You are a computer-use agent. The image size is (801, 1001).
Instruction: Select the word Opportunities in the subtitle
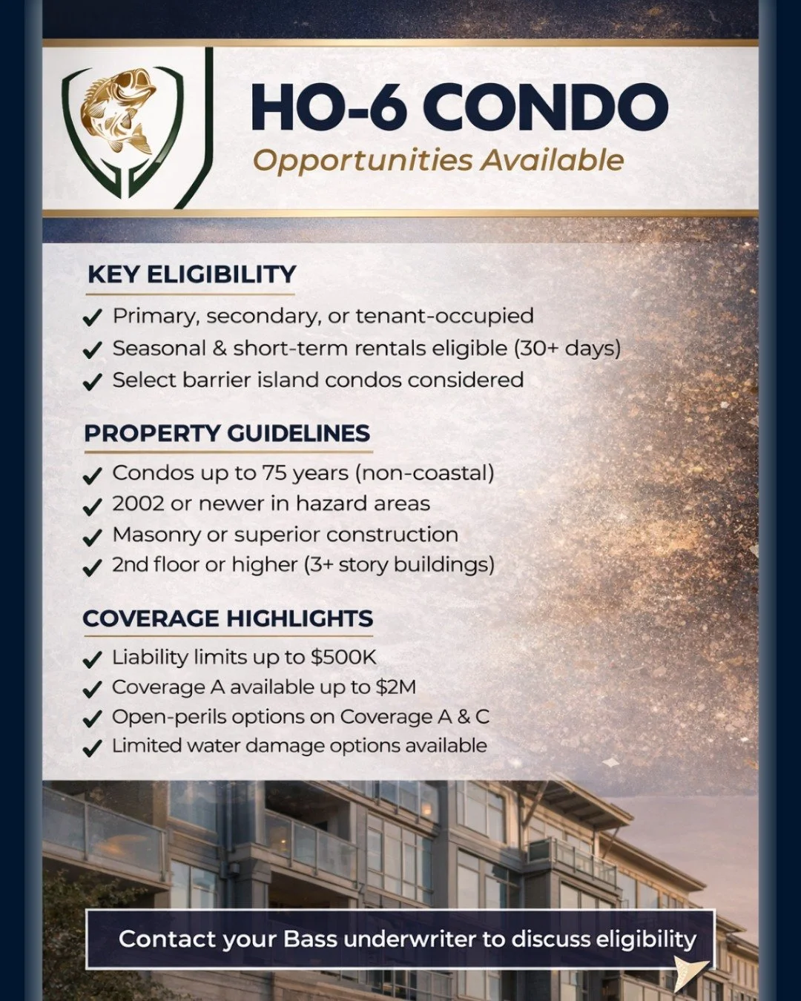[363, 160]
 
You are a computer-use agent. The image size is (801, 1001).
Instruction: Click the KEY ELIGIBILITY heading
[191, 274]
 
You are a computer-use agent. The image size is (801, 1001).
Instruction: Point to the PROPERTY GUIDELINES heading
[227, 433]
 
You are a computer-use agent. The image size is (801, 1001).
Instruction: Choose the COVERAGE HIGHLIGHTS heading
[228, 618]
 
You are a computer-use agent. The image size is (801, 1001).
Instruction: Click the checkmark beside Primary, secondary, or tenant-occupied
[92, 318]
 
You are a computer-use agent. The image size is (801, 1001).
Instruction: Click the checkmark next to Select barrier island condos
[92, 382]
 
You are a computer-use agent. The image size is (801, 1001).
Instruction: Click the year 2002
[138, 503]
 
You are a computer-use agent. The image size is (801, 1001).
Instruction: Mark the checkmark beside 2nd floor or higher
[92, 567]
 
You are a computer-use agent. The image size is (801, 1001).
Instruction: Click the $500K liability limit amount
[343, 657]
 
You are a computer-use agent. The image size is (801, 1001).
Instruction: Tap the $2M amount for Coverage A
[396, 687]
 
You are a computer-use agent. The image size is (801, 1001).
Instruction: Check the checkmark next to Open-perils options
[92, 719]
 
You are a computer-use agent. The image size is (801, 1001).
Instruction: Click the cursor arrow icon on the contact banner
[690, 971]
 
